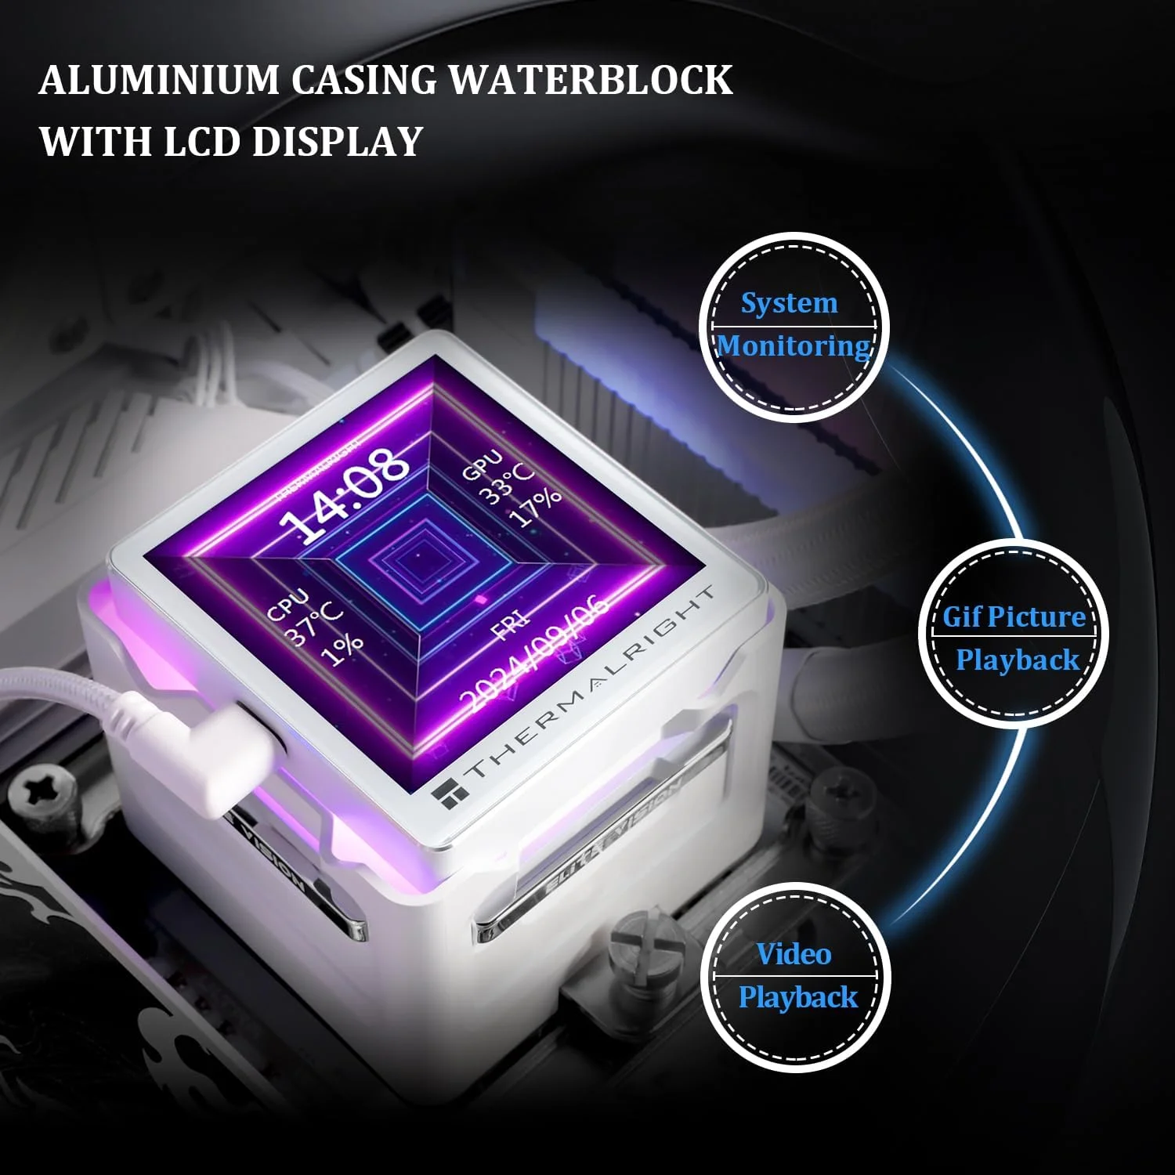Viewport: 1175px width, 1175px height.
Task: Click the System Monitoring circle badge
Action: point(794,327)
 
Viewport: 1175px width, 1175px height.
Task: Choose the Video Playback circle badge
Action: point(796,976)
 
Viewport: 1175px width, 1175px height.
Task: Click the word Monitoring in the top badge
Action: point(794,345)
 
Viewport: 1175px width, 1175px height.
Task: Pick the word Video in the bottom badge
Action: point(794,954)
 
